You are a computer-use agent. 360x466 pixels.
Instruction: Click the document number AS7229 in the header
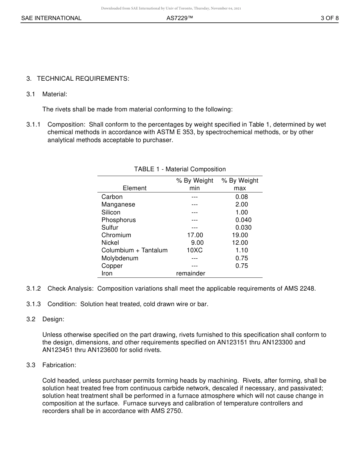(x=180, y=18)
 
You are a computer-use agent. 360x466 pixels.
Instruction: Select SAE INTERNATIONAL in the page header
(x=51, y=18)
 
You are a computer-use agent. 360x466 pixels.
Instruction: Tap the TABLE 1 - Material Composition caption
(x=180, y=169)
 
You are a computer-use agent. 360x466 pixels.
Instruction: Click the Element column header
(x=135, y=188)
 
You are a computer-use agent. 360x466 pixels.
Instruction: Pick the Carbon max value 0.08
(x=241, y=197)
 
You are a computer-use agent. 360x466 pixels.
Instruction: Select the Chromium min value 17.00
(x=195, y=235)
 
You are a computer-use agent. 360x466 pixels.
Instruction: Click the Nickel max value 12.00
(x=240, y=243)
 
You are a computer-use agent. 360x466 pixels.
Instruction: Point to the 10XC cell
(x=194, y=250)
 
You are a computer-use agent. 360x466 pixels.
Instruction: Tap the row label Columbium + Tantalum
(x=134, y=250)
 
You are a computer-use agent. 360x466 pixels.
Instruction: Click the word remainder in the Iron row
(x=191, y=274)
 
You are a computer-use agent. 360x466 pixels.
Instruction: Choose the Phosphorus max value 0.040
(x=243, y=220)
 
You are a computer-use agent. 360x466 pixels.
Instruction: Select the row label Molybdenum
(x=120, y=258)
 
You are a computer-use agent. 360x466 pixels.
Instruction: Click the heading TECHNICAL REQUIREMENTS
(x=83, y=79)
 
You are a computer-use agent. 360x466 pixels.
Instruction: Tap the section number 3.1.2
(x=33, y=289)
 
